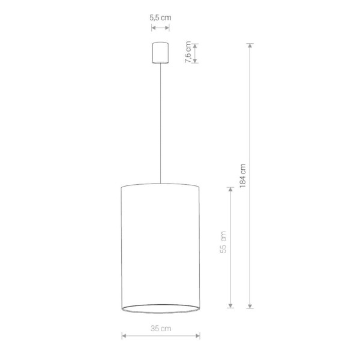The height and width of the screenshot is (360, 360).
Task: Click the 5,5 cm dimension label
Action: click(x=160, y=18)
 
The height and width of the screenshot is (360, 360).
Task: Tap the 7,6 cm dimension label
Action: click(x=188, y=52)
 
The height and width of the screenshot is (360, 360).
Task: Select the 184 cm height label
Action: click(x=242, y=175)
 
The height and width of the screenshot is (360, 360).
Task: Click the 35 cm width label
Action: click(x=160, y=328)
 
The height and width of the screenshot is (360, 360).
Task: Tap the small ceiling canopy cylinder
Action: click(x=160, y=52)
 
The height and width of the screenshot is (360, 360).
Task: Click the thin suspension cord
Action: click(x=160, y=120)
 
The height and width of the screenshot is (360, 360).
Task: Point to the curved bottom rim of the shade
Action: click(x=160, y=313)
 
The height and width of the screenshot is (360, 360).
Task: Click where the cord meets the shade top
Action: click(x=160, y=183)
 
